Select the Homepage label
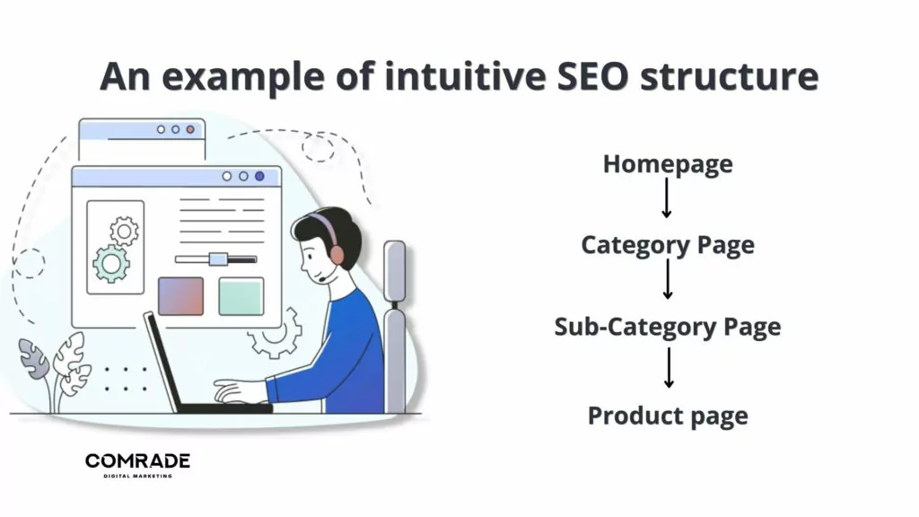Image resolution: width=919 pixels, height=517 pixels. point(667,164)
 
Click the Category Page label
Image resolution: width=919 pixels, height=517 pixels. point(667,245)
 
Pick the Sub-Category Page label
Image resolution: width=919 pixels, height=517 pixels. point(667,326)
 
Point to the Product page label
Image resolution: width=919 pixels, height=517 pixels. point(667,416)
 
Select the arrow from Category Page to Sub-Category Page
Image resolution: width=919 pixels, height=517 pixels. point(667,280)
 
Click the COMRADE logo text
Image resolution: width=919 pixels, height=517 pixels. point(137,461)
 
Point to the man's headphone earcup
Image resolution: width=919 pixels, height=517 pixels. point(337,254)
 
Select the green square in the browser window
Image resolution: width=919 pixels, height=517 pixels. point(241,296)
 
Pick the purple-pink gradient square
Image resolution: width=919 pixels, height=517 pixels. point(180,296)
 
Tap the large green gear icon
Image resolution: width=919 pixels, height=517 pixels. point(110,263)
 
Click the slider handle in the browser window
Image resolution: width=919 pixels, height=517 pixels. point(217,259)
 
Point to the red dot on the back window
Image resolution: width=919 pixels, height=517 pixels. point(190,129)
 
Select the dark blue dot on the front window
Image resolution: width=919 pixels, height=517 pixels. point(259,176)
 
